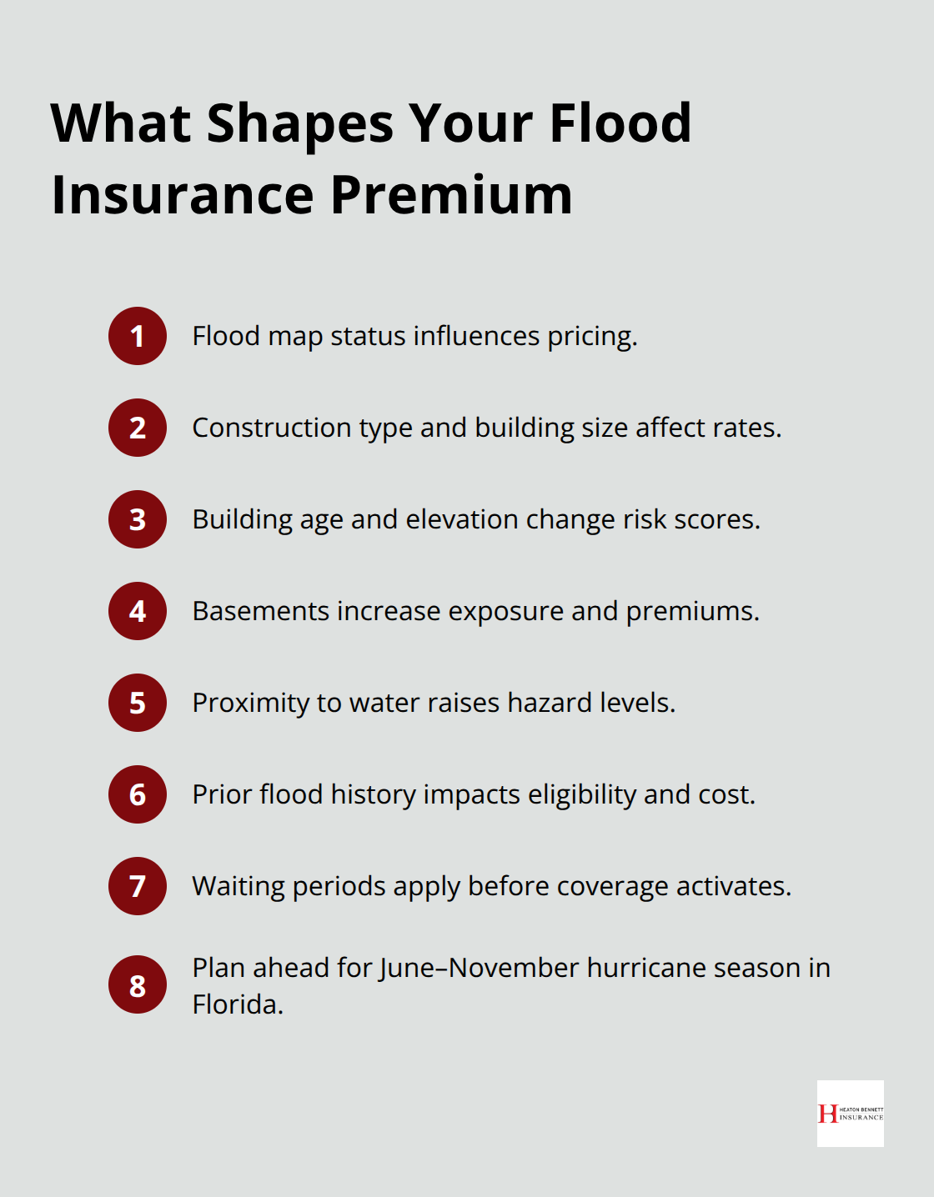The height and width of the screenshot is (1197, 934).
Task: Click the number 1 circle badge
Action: (x=138, y=336)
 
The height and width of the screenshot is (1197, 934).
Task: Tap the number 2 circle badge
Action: (x=138, y=428)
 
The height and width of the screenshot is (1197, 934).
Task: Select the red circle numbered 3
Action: (x=138, y=519)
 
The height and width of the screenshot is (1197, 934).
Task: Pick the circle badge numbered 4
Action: (x=138, y=611)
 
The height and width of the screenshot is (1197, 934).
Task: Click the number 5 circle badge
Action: (x=138, y=703)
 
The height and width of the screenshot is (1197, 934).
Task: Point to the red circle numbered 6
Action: (x=138, y=794)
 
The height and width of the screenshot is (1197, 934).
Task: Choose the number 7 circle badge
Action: (x=138, y=886)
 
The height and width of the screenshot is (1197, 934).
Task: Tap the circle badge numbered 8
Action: (x=138, y=984)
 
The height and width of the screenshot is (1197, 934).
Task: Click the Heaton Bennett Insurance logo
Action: (x=850, y=1114)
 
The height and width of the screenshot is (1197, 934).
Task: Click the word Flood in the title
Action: (x=620, y=123)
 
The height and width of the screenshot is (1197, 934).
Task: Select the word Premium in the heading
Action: (x=451, y=195)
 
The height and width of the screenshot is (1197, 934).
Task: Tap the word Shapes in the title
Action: (x=300, y=123)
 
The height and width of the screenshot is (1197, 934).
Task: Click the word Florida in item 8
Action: (x=237, y=1004)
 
